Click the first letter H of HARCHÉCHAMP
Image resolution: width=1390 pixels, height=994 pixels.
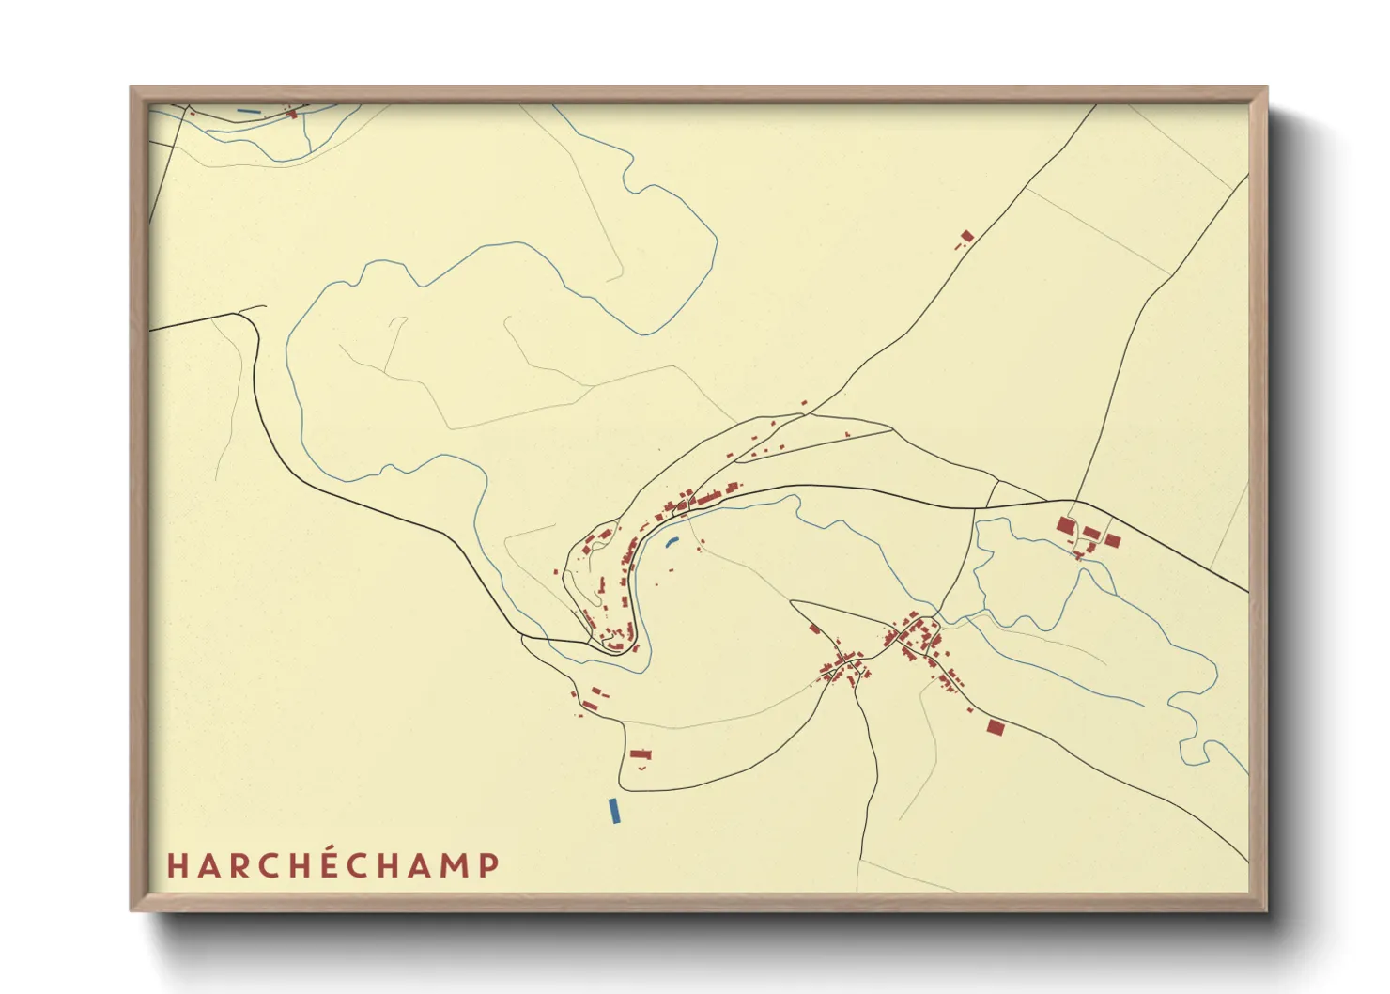click(x=176, y=865)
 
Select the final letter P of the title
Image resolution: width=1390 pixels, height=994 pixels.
click(x=489, y=865)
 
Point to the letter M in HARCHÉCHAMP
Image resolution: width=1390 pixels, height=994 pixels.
click(x=454, y=865)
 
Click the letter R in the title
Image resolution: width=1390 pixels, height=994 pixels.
click(x=236, y=865)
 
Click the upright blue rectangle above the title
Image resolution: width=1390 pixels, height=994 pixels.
click(x=614, y=811)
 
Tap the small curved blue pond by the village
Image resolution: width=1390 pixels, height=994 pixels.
click(x=671, y=541)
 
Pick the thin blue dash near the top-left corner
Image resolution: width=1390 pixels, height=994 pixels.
click(x=249, y=112)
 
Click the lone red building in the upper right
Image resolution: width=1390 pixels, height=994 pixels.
click(x=967, y=236)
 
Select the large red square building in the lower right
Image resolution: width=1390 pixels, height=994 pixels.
click(x=996, y=726)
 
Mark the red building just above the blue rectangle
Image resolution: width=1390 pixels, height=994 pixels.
click(x=641, y=753)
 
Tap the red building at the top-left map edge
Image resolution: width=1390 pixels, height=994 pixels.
click(x=291, y=114)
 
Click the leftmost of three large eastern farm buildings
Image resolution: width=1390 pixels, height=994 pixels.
click(x=1066, y=524)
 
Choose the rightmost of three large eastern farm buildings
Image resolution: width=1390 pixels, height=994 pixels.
click(x=1113, y=540)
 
